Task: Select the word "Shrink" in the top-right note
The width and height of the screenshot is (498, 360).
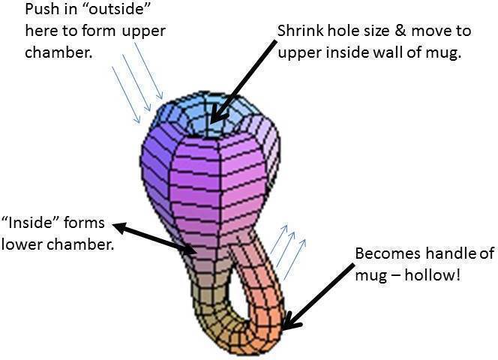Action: pyautogui.click(x=299, y=33)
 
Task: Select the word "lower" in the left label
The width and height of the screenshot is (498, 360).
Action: pyautogui.click(x=20, y=244)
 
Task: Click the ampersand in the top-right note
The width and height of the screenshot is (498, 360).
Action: pyautogui.click(x=397, y=33)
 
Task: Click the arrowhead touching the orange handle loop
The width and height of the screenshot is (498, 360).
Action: pyautogui.click(x=292, y=322)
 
